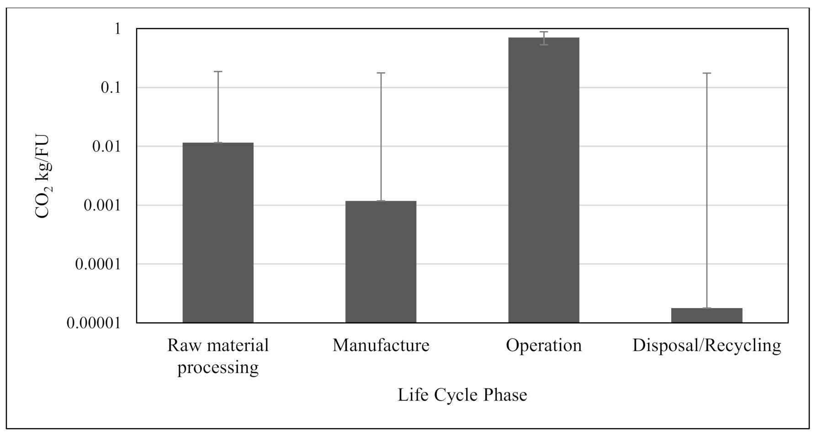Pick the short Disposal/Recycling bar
point(706,315)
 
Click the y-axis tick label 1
point(117,29)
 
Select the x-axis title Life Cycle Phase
point(462,395)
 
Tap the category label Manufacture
point(381,346)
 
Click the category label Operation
point(544,346)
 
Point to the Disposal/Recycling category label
point(706,346)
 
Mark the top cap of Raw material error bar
point(218,72)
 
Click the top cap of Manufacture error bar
point(381,73)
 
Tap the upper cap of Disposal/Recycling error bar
point(706,73)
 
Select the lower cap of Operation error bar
point(544,45)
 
